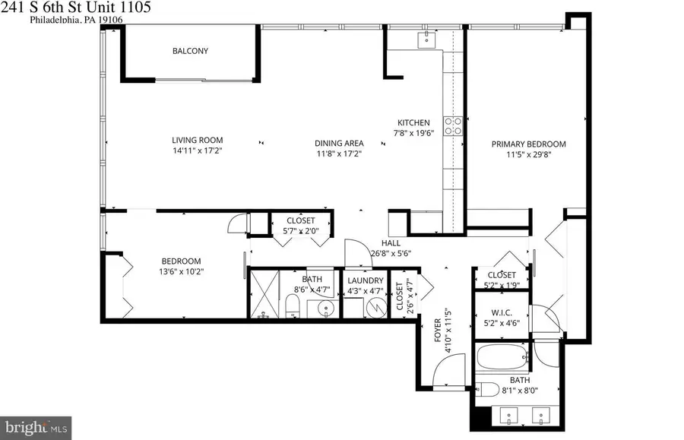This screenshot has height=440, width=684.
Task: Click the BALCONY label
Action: pos(190,52)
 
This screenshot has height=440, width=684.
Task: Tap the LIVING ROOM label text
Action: pos(197,140)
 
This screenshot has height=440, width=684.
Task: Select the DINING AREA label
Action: pos(339,143)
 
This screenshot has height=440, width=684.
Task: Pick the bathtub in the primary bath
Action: pos(502,356)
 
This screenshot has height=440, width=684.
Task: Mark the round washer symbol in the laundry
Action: pos(375,308)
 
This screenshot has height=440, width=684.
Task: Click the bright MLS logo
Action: pos(36,426)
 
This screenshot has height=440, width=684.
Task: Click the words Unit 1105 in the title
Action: pos(133,7)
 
